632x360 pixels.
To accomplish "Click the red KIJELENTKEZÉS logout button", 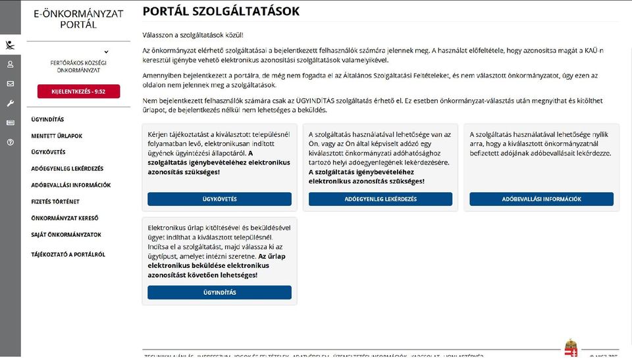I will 78,91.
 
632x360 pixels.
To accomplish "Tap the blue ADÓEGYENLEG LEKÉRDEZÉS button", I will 381,199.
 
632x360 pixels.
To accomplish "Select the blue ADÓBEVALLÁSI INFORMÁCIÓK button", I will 541,199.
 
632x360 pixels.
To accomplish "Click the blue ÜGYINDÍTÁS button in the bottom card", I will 219,292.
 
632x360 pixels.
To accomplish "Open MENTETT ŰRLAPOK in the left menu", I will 57,136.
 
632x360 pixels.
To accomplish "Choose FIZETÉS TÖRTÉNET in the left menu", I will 55,202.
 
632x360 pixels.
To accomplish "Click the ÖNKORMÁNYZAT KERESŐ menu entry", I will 65,219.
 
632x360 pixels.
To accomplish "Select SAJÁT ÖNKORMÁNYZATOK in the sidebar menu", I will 66,235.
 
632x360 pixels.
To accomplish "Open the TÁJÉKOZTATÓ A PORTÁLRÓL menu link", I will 68,255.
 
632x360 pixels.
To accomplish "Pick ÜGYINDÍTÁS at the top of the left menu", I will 47,120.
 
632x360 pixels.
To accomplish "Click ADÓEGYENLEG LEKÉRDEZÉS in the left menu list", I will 67,169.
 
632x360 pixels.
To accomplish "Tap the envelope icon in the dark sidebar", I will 11,84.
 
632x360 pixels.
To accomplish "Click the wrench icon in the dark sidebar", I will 11,103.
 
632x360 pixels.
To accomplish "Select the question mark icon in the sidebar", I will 11,142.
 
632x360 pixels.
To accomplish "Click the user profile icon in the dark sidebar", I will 11,64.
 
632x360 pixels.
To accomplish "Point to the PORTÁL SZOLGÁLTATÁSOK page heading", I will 221,11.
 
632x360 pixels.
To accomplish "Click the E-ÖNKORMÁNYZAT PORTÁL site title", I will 78,19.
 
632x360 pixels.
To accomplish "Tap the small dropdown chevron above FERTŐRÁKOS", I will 106,51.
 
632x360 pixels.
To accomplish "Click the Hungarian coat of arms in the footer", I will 571,349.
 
